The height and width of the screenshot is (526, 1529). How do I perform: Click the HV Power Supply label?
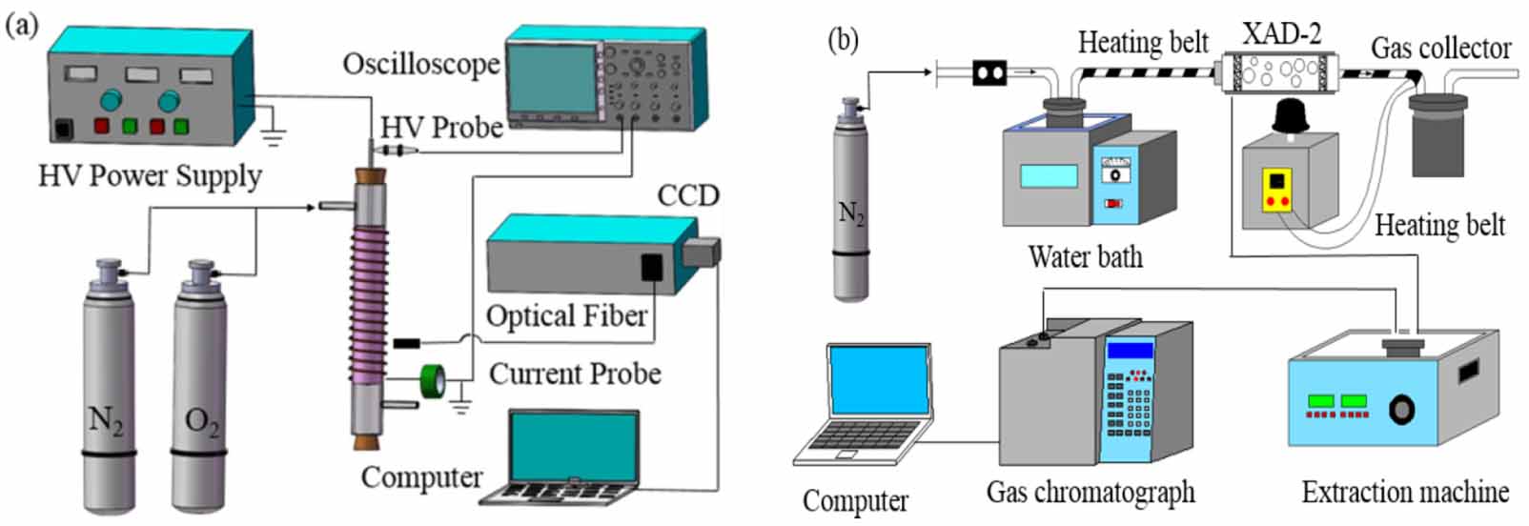(150, 176)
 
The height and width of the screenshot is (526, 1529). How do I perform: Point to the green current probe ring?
(433, 381)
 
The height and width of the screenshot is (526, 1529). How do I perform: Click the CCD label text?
(687, 195)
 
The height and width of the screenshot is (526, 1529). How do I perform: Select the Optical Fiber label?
(566, 316)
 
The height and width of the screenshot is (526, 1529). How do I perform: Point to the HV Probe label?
(441, 128)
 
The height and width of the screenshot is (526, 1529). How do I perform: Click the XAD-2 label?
(1281, 34)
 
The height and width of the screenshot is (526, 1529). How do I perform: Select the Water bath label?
(1085, 256)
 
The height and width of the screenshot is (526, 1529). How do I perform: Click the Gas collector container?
(1437, 133)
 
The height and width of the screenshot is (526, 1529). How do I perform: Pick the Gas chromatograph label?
(1090, 493)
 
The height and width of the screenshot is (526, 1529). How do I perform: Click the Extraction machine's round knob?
(1401, 410)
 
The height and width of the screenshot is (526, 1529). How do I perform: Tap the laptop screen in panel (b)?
(878, 380)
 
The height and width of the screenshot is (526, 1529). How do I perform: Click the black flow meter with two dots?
(989, 72)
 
